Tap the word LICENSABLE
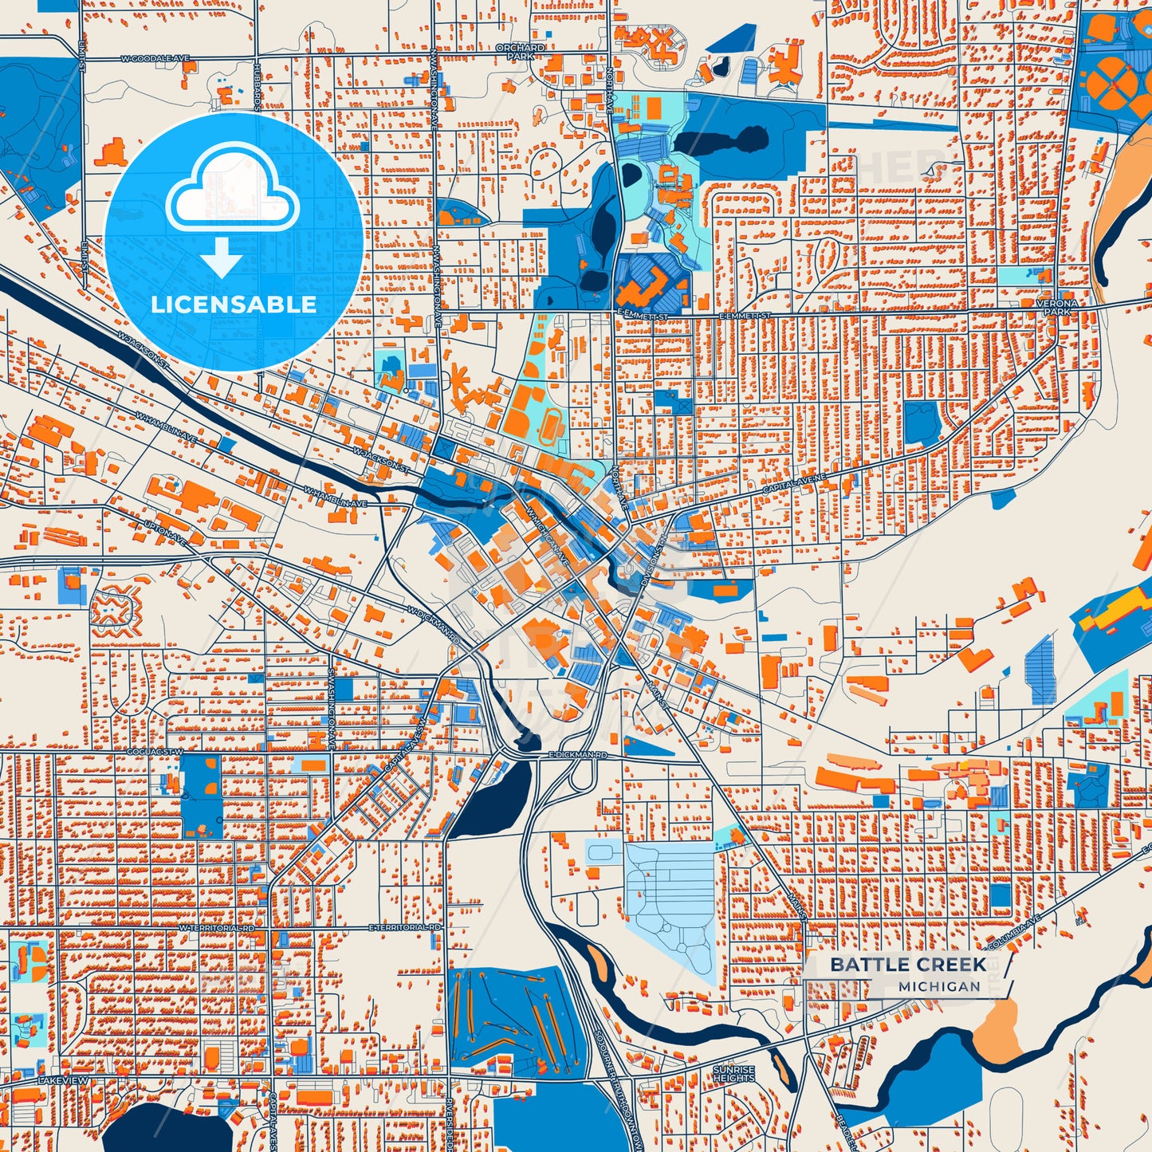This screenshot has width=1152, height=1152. tap(234, 305)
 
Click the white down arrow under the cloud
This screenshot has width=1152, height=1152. tap(222, 258)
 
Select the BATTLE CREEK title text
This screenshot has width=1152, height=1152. tap(908, 964)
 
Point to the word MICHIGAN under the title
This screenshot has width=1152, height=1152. tap(939, 986)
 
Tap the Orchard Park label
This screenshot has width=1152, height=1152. tap(520, 52)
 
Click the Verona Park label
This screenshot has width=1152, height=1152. tap(1057, 308)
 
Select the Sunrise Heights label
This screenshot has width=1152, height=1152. tap(733, 1073)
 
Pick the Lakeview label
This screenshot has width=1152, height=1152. tap(63, 1079)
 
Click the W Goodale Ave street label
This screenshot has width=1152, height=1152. tap(155, 59)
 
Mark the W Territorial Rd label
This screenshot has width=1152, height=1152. tap(216, 929)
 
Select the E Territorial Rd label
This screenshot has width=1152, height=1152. tap(405, 928)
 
